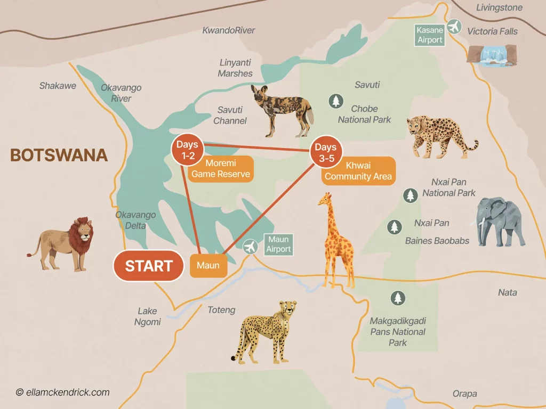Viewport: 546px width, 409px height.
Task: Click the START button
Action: coord(149,265)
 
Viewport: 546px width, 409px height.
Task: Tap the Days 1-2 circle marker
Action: coord(187,150)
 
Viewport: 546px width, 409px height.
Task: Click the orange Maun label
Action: coord(208,265)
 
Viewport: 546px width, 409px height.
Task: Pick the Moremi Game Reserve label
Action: coord(221,168)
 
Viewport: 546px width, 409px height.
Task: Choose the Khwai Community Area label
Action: coord(358,171)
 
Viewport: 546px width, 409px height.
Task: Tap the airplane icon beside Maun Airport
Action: coord(250,247)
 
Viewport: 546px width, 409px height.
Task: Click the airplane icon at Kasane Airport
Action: coord(454,26)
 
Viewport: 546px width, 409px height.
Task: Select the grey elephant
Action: coord(499,221)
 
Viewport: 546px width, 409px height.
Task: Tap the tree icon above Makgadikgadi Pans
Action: coord(398,298)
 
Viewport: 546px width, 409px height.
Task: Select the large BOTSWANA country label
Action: coord(59,155)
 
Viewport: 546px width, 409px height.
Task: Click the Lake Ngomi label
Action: coord(149,316)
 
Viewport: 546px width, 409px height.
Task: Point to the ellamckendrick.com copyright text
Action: coord(63,392)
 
